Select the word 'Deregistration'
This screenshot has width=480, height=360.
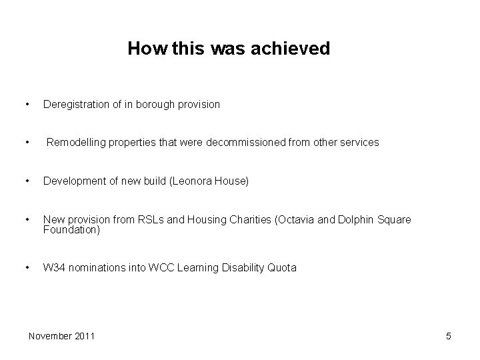[x=73, y=105]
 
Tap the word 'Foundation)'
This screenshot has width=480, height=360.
[x=71, y=230]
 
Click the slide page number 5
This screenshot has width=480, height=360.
[x=449, y=336]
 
